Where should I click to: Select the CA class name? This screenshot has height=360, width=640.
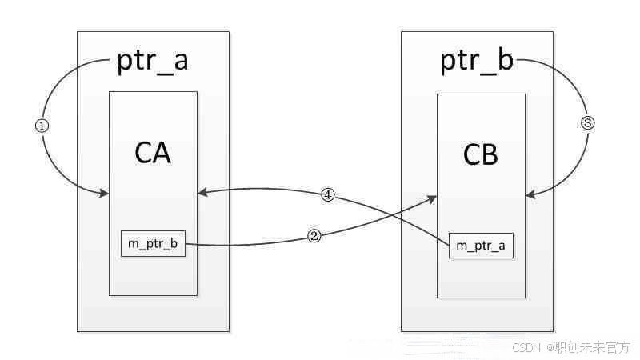(x=153, y=152)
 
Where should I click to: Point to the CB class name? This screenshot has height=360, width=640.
(x=481, y=154)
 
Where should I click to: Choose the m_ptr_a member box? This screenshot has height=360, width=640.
(x=480, y=246)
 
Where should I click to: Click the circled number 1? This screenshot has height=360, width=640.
(x=43, y=126)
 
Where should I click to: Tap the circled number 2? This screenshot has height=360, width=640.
(x=314, y=237)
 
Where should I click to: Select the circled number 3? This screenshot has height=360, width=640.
(x=588, y=123)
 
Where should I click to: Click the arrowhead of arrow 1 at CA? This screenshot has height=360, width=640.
(x=105, y=193)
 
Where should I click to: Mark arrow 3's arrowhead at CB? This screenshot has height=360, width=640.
(x=530, y=193)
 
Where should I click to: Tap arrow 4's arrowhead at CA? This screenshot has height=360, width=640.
(x=202, y=192)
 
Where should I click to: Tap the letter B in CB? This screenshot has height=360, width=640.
(x=490, y=154)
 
